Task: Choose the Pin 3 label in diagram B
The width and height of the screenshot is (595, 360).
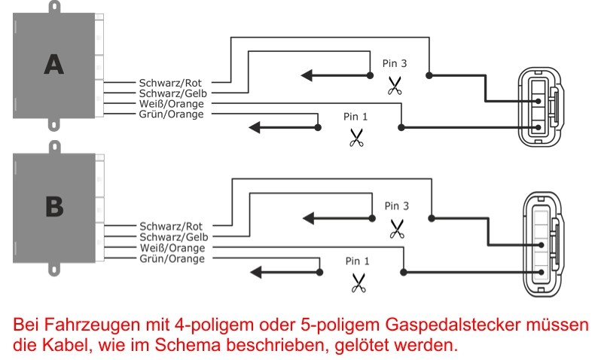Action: pyautogui.click(x=396, y=205)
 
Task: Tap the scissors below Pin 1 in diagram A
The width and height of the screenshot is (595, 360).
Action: pyautogui.click(x=356, y=138)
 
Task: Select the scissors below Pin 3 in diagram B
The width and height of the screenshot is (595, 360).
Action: pyautogui.click(x=396, y=228)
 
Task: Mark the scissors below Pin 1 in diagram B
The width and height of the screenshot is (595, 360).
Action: pyautogui.click(x=358, y=283)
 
